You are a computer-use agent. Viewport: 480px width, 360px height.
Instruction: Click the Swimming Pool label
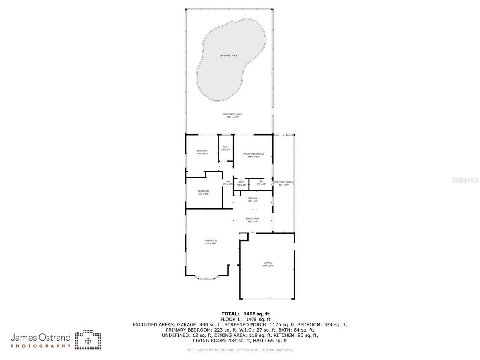coord(229,55)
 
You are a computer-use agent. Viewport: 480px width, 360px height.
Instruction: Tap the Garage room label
coord(268,263)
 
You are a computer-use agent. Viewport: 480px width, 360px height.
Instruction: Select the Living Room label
coord(211,240)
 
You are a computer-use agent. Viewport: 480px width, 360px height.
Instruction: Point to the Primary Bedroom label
coord(253,154)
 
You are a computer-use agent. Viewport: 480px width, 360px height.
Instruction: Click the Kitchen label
coord(252,198)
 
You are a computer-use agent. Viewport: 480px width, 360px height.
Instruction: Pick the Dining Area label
coord(252,219)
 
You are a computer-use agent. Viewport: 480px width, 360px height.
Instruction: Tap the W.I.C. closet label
coord(241,182)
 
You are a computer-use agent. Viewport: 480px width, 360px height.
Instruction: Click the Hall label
coord(228,181)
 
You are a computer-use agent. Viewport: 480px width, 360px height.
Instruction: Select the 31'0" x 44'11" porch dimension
coord(232,117)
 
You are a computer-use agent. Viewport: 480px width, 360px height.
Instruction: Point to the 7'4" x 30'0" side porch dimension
coord(284,185)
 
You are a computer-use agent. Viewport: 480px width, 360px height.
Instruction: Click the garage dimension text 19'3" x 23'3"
coord(268,266)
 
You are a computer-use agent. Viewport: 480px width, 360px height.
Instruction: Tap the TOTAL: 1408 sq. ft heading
coord(246,314)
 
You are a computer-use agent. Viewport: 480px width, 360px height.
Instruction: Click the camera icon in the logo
coord(88,340)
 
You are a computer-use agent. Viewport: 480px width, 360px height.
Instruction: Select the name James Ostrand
coord(40,337)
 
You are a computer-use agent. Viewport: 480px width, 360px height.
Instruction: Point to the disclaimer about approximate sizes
coord(240,350)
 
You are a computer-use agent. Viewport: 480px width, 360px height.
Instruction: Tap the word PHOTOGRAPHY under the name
coord(40,346)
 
